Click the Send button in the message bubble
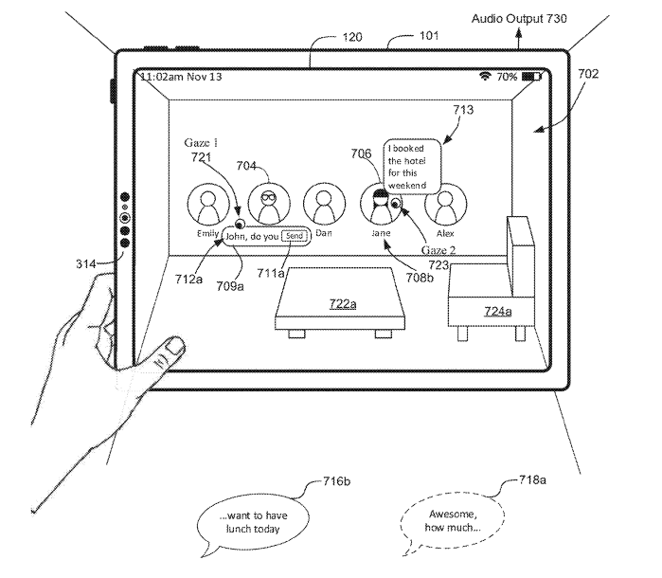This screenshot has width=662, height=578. click(295, 236)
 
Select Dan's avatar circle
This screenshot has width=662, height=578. click(323, 202)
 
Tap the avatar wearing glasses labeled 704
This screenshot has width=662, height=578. click(267, 201)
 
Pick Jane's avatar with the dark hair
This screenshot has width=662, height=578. click(380, 201)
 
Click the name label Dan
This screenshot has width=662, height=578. click(323, 231)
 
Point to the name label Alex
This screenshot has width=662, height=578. click(445, 231)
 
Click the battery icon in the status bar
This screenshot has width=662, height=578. click(529, 77)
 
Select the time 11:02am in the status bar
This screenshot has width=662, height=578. click(162, 77)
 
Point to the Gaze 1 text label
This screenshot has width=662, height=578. click(201, 142)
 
